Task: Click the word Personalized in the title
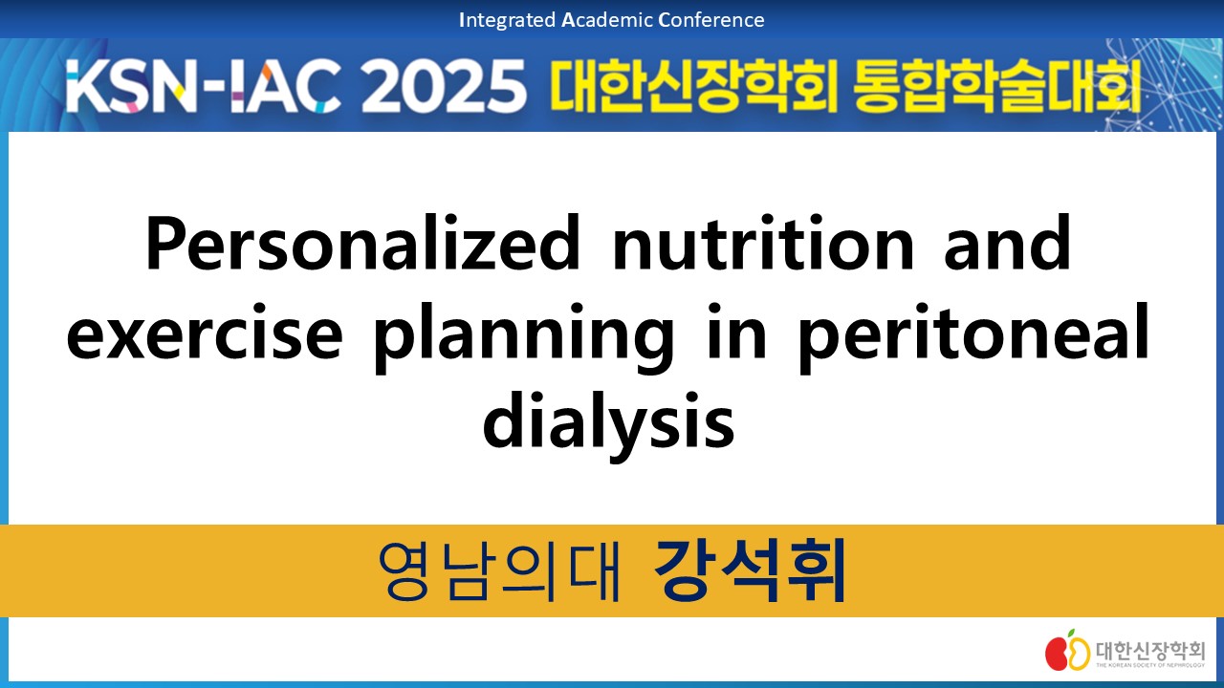(x=362, y=243)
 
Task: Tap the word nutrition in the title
(x=763, y=243)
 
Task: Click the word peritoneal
(x=973, y=338)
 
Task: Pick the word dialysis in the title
(x=609, y=427)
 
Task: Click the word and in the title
(x=1008, y=243)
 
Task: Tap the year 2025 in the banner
(x=444, y=86)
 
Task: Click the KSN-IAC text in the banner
(x=204, y=86)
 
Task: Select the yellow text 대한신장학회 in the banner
(x=694, y=86)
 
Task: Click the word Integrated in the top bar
(x=507, y=20)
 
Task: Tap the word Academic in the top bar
(x=607, y=20)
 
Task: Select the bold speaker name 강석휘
(x=750, y=570)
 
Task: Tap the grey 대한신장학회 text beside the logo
(x=1149, y=649)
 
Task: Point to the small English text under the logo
(x=1149, y=665)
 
